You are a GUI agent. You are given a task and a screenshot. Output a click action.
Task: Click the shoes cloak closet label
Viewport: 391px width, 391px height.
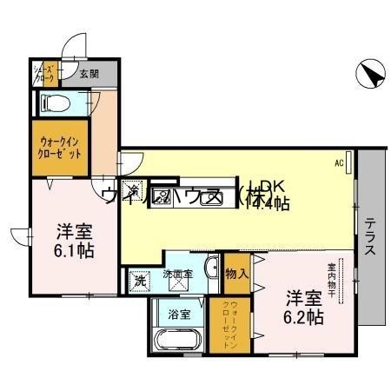44,74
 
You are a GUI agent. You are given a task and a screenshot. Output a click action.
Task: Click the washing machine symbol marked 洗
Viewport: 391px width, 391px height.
140,282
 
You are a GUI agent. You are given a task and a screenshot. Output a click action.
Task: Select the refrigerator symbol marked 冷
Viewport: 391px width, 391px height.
134,188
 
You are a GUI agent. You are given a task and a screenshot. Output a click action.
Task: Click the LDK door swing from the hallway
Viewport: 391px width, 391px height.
130,162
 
